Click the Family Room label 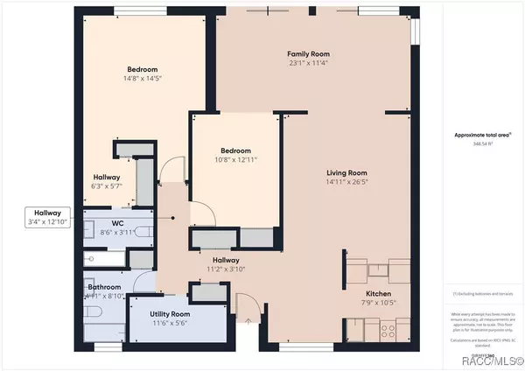coord(302,54)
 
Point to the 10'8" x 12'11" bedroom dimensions coord(235,159)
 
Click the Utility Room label coord(170,314)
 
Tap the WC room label coord(116,223)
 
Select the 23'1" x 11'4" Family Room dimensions coord(302,63)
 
